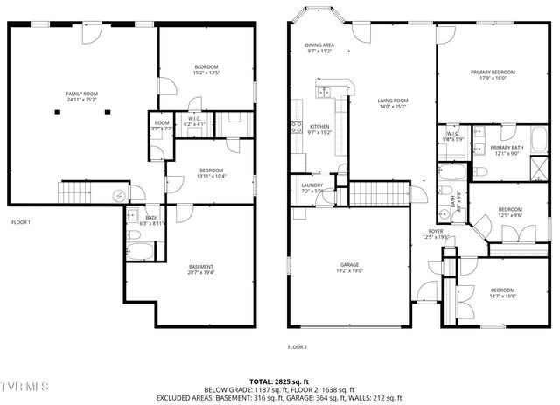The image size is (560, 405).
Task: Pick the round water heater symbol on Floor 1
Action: (120, 196)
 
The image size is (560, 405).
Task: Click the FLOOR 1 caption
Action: (20, 222)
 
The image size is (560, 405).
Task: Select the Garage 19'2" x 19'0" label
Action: (349, 267)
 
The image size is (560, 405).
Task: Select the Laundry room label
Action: (311, 187)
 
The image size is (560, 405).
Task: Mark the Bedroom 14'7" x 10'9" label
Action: (502, 293)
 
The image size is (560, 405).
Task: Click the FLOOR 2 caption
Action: (297, 347)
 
